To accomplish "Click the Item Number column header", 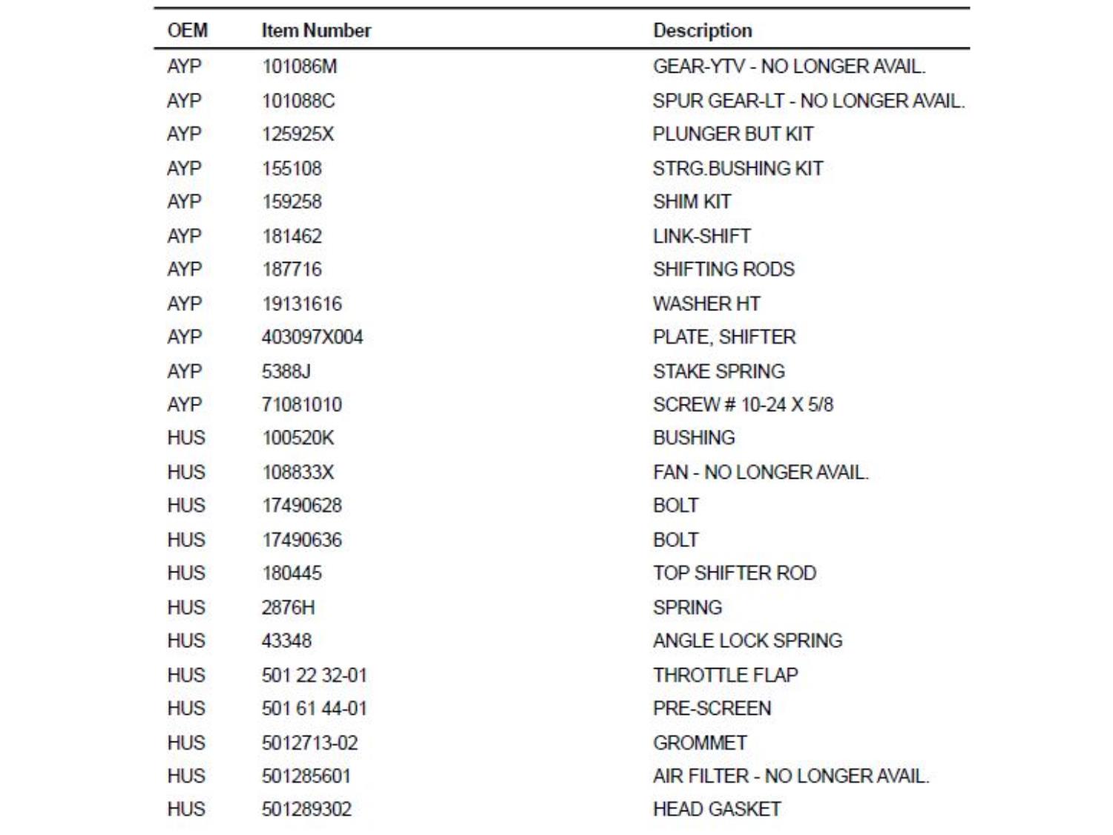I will coord(316,30).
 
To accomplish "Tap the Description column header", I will coord(702,30).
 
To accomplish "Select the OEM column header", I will coord(187,30).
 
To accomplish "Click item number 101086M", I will coord(299,67).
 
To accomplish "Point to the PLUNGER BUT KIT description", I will coord(732,134).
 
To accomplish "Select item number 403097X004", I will coord(312,337).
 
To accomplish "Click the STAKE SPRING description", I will coord(718,371).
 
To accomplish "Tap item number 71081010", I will coord(301,405).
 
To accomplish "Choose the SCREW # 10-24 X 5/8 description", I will coord(743,405).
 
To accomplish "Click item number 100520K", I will coord(298,438).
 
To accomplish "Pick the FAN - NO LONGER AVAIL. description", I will coord(760,472).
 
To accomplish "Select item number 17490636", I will coord(301,540).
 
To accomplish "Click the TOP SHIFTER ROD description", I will coord(734,573).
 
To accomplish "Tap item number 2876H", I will coord(288,607).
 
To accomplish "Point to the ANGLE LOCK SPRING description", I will coord(747,641).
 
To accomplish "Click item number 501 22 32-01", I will coord(314,675).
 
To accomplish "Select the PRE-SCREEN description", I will coord(712,708).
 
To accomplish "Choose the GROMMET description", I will coord(700,742).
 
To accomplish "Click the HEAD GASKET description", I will coord(716,809).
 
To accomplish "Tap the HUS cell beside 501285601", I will coord(185,776).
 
